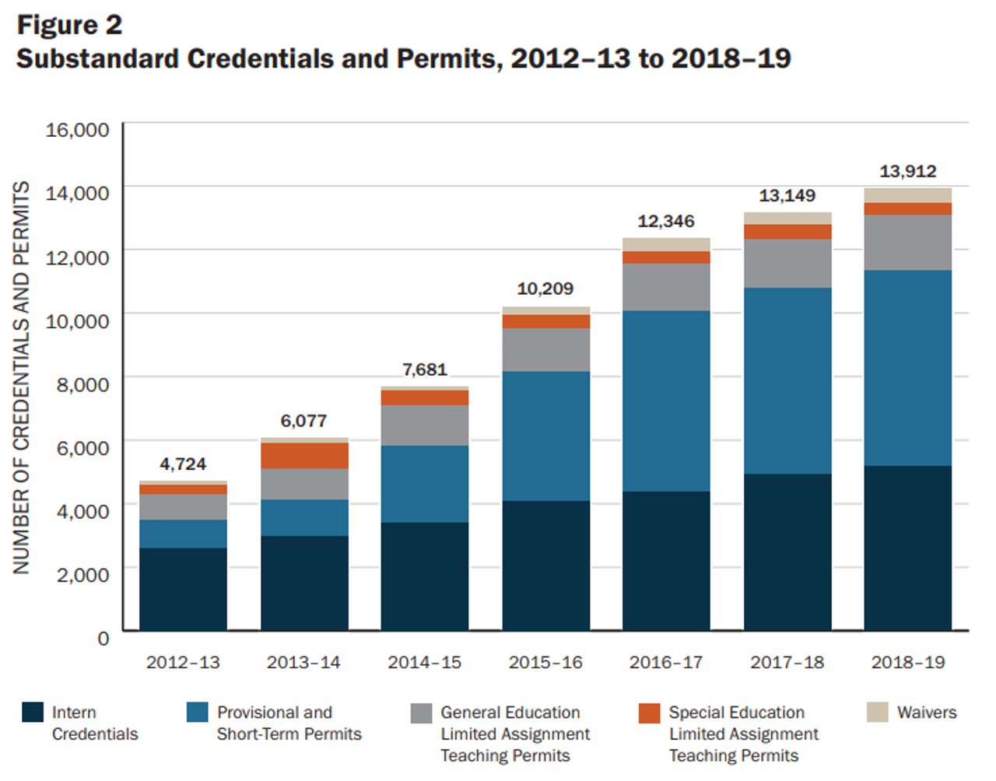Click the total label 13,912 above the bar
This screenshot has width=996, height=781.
tap(907, 171)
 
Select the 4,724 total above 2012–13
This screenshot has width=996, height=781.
tap(183, 464)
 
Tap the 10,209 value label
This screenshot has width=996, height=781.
tap(545, 289)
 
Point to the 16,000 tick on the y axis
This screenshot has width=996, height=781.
tap(77, 130)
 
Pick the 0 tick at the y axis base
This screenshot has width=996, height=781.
tap(103, 639)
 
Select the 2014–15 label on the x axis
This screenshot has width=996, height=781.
tap(424, 663)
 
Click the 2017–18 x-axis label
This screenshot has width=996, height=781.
tap(787, 663)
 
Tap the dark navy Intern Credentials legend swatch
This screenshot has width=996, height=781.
tap(33, 713)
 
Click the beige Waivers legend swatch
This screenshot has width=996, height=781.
tap(878, 713)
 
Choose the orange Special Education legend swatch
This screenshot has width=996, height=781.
tap(649, 713)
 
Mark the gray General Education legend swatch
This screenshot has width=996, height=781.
tap(421, 713)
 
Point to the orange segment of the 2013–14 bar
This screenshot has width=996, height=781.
tap(304, 456)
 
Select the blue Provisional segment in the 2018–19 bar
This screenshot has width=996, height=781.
tap(907, 368)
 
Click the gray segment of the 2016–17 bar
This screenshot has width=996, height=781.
tap(666, 287)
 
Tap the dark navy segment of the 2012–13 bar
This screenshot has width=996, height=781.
tap(183, 589)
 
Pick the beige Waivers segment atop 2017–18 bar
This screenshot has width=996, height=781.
tap(787, 219)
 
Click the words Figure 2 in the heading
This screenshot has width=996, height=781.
tap(70, 25)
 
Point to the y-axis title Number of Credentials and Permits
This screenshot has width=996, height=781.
tap(22, 378)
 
